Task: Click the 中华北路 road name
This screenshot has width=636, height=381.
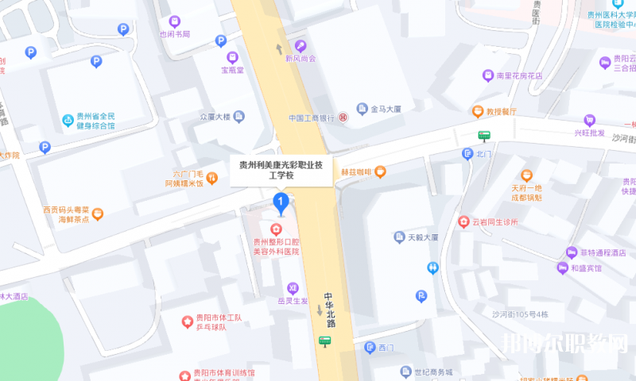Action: coord(328,310)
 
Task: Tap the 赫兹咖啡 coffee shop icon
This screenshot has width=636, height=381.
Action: coord(381,171)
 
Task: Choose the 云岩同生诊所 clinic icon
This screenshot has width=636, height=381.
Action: coord(464,221)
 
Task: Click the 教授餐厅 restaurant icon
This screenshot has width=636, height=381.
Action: coord(478,112)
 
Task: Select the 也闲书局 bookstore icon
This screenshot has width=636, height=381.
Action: coord(175,21)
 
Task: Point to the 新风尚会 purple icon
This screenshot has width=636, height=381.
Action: coord(301,45)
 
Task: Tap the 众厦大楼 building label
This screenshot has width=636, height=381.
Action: coord(215,117)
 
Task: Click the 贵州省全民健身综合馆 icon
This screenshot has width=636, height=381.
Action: coord(68,121)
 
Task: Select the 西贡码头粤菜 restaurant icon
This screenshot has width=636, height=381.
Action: coord(98,214)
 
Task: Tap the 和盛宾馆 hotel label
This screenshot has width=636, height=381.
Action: coord(587,268)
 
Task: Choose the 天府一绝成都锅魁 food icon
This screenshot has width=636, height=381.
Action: coord(525,175)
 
